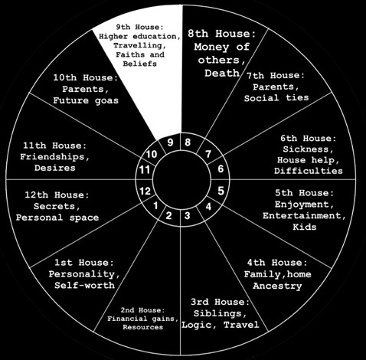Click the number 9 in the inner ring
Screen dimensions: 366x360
(x=170, y=142)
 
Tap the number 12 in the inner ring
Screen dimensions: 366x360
(x=145, y=191)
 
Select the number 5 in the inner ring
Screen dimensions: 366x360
(x=221, y=191)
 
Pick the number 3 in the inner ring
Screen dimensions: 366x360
(x=188, y=216)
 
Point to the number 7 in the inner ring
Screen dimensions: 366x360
(x=208, y=154)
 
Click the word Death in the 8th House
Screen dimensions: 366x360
(x=222, y=74)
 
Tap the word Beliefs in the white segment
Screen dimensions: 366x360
(x=140, y=64)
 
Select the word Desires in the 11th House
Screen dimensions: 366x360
(x=55, y=168)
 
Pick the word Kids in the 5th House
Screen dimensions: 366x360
(x=305, y=227)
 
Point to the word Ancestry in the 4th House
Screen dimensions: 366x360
(x=277, y=286)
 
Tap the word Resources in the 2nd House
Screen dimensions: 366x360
(x=143, y=327)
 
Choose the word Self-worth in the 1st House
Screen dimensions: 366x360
(x=84, y=285)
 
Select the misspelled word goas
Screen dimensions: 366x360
(x=106, y=101)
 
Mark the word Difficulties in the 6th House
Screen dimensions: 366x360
(x=309, y=171)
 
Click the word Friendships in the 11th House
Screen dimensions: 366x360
(x=54, y=157)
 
